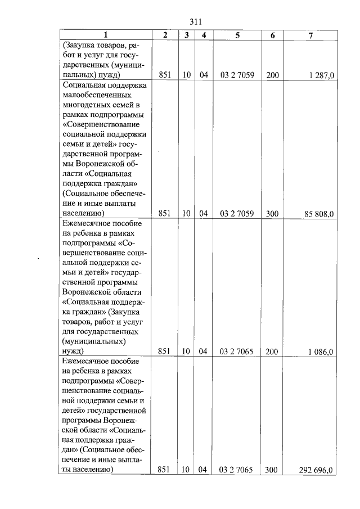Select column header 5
coord(237,35)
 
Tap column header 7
coord(310,35)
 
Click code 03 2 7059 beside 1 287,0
coord(237,75)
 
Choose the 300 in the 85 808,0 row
coord(272,214)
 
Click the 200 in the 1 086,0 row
coord(272,352)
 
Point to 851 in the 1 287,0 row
coord(165,75)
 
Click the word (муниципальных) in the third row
coord(94,341)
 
